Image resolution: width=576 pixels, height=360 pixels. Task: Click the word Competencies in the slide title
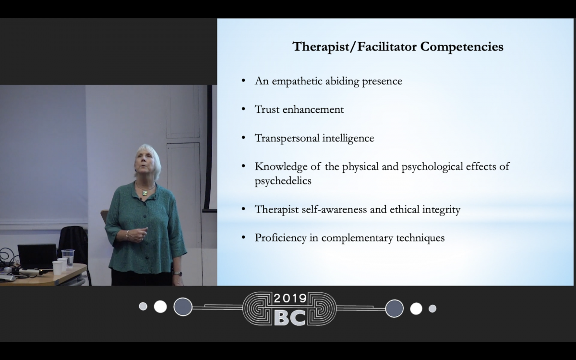click(462, 47)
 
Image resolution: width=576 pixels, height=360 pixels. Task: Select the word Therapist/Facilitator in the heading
click(354, 47)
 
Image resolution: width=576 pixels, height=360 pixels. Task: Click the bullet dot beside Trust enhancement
click(243, 109)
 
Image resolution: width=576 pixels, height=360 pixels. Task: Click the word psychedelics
click(283, 181)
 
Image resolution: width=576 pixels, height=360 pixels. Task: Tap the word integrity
click(441, 210)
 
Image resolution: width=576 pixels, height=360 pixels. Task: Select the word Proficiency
click(280, 238)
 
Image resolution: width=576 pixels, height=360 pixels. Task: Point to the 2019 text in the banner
click(290, 298)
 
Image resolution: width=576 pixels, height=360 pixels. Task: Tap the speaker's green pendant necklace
click(145, 192)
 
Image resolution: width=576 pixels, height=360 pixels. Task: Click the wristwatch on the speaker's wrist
click(178, 274)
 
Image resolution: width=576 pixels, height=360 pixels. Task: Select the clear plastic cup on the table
click(68, 258)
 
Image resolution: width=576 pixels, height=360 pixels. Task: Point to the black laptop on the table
click(37, 257)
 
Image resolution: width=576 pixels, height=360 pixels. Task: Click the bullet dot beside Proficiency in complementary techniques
click(243, 237)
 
